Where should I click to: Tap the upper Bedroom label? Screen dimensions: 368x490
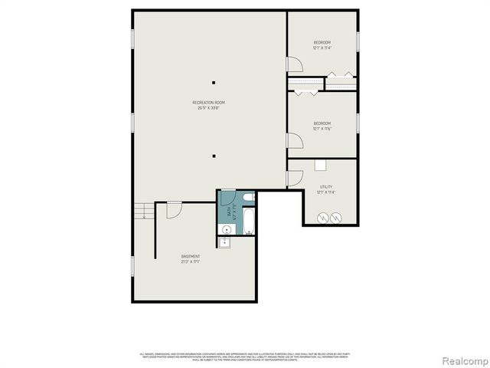click(322, 44)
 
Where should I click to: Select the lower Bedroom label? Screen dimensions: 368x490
click(322, 126)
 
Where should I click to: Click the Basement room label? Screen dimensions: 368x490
click(191, 258)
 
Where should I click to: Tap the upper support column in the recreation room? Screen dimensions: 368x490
click(214, 83)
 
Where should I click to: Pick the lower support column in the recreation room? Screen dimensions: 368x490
click(214, 156)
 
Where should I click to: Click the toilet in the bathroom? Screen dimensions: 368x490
click(248, 199)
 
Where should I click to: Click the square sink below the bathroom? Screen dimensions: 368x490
click(225, 243)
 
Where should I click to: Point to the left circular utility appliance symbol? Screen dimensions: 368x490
click(322, 217)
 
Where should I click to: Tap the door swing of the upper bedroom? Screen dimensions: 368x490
click(295, 65)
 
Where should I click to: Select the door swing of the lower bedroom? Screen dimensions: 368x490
click(295, 141)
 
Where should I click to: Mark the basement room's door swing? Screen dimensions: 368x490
click(174, 209)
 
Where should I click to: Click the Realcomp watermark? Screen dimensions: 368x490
click(462, 360)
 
